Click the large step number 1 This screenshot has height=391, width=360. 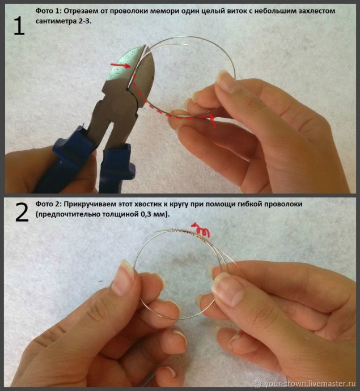pos(19,26)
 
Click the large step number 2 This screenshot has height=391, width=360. pos(22,212)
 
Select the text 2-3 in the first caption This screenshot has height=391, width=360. pos(84,21)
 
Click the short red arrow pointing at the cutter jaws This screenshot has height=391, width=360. pos(120,65)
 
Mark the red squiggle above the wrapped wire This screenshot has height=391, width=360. pos(201,229)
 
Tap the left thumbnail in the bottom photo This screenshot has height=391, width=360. pos(123,277)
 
